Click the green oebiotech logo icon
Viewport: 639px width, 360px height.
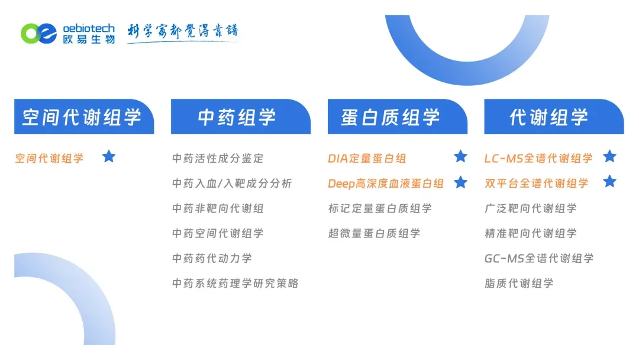[x=40, y=33]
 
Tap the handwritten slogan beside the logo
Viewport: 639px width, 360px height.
[x=183, y=31]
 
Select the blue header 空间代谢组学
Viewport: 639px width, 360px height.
[x=83, y=117]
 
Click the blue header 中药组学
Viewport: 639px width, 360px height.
[x=240, y=117]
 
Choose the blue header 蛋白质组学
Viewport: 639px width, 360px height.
[x=397, y=117]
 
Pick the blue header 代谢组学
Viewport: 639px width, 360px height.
[x=553, y=117]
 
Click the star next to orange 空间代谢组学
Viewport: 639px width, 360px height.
[x=109, y=157]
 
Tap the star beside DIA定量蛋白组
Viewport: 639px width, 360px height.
[x=460, y=157]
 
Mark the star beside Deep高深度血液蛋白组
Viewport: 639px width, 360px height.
[x=460, y=182]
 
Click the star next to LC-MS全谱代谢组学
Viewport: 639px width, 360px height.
[x=609, y=157]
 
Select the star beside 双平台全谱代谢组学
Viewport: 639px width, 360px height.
[x=609, y=182]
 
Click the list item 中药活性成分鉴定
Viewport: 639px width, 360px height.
[x=218, y=159]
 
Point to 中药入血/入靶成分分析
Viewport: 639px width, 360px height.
[x=232, y=184]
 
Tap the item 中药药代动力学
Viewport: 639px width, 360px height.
[x=212, y=258]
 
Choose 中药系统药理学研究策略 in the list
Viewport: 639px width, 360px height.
[x=235, y=283]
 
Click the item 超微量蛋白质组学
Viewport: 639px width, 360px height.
[x=374, y=233]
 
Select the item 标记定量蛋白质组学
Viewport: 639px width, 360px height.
[x=380, y=208]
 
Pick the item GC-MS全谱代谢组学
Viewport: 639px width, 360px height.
[x=538, y=258]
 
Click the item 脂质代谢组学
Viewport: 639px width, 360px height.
[x=519, y=283]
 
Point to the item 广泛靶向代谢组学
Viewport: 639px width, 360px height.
[x=530, y=208]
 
